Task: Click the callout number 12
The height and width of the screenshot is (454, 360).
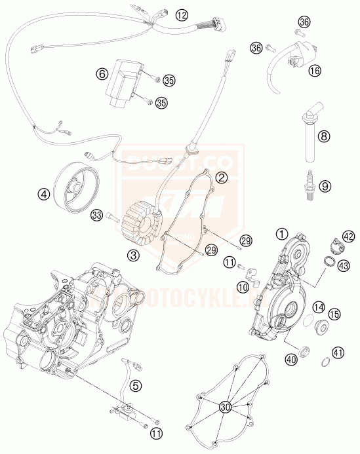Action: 181,14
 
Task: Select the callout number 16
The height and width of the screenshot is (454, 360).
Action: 314,70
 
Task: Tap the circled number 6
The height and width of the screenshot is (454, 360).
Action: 102,74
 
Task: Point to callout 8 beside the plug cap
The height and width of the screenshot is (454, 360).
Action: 323,137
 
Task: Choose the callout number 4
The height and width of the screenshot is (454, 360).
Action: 43,194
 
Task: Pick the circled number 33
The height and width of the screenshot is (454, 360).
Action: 97,215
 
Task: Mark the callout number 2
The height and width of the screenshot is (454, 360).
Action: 222,178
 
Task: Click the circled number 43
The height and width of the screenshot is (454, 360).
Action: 343,265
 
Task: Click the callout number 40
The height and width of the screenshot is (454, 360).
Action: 291,359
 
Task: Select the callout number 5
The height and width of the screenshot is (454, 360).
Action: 134,387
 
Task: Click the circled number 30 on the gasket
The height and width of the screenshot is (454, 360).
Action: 226,407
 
